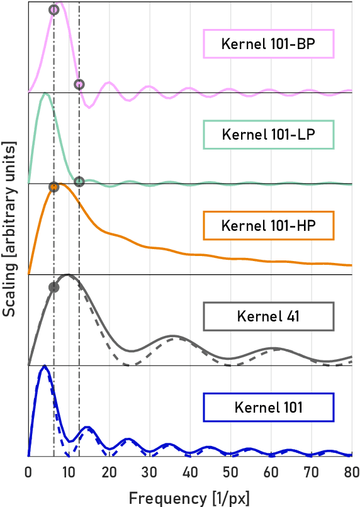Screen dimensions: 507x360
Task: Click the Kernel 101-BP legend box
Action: (268, 45)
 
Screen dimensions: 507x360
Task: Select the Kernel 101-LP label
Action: (268, 135)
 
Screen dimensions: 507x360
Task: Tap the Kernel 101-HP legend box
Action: (268, 225)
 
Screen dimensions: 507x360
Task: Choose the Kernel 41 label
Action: (268, 316)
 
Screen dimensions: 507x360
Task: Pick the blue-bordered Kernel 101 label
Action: (268, 407)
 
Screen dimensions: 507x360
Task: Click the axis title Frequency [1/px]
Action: (189, 498)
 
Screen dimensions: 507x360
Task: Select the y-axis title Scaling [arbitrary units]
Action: (9, 228)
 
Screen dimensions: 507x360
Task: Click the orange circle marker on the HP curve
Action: (54, 187)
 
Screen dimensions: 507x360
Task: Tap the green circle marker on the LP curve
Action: (79, 182)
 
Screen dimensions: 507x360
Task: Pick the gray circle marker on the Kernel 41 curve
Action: (54, 287)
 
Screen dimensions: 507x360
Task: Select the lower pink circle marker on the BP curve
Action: (79, 84)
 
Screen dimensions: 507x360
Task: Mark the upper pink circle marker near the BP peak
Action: (54, 11)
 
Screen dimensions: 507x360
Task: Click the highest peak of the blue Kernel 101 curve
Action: (44, 366)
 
